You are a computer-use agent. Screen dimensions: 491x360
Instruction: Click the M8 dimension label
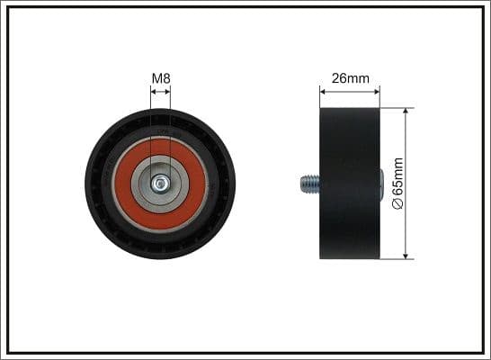pos(161,78)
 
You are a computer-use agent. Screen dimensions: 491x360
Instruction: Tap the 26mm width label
pos(351,78)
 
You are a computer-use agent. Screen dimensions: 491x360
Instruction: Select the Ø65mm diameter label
pos(398,184)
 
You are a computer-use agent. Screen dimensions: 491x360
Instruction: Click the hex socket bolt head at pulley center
pos(161,184)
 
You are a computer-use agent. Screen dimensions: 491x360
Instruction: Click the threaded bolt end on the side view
pos(310,184)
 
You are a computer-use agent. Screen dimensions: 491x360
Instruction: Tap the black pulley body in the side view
pos(350,184)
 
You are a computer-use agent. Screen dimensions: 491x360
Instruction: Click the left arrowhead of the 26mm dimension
pos(323,92)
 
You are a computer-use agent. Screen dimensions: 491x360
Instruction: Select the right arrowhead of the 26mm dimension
pos(377,92)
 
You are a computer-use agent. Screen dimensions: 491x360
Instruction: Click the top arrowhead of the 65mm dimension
pos(406,112)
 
